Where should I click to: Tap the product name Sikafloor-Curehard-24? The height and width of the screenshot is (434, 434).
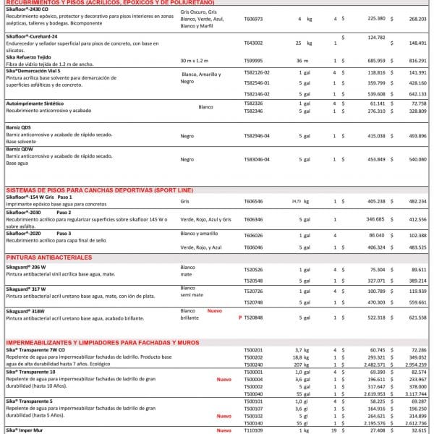(35, 35)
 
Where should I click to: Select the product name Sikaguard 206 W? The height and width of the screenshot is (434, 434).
(30, 267)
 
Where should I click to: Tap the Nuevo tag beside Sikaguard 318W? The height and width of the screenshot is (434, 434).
(215, 311)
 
